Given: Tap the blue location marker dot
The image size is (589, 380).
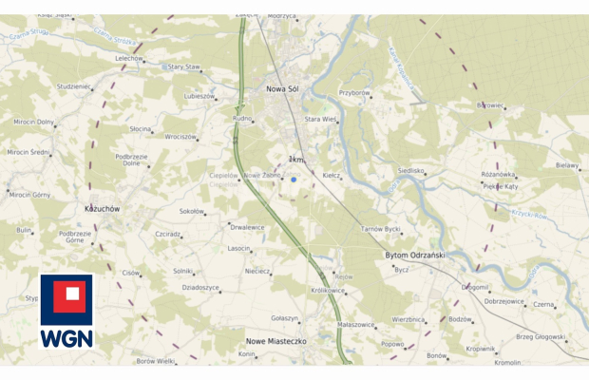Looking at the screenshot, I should tap(294, 179).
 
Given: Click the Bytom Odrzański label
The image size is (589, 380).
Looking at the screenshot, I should tap(414, 255).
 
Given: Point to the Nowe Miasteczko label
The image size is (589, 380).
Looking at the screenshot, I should tap(275, 340).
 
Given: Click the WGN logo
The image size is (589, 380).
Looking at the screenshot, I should tap(66, 313).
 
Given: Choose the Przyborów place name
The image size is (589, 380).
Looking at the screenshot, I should tap(354, 93).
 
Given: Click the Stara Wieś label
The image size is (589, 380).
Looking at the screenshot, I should tap(320, 120).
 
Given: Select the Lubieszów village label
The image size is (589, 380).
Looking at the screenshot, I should tap(199, 96).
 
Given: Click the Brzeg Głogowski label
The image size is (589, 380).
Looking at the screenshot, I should tap(541, 336).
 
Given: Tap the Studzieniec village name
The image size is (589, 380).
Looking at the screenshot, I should tap(74, 86).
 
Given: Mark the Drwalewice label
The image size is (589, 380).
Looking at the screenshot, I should tap(247, 227).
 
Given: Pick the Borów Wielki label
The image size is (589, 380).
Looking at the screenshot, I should tap(155, 361).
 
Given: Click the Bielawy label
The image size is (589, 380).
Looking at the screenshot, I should tap(567, 164).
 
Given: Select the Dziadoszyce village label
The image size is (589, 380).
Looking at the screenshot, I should tap(200, 287).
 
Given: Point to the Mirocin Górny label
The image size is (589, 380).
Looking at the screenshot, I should tap(28, 194).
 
